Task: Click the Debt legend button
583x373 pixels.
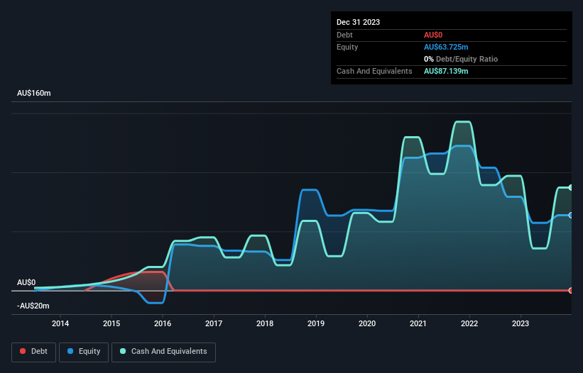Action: (x=33, y=352)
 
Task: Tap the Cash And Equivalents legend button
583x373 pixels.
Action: (x=163, y=352)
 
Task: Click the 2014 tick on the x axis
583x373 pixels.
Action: (x=60, y=324)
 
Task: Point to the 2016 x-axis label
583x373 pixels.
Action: (x=163, y=324)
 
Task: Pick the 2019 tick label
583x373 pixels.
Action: (x=316, y=324)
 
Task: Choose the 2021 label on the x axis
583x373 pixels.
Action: (x=418, y=324)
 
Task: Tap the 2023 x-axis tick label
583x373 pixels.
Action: (x=521, y=324)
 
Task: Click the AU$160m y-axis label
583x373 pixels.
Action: (x=39, y=94)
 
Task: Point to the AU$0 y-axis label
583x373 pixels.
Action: (x=26, y=282)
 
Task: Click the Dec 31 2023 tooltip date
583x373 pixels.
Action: (x=358, y=22)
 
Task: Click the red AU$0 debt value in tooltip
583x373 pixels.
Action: (x=433, y=35)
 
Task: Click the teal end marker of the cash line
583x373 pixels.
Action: (x=571, y=187)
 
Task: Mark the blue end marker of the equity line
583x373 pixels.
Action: (x=571, y=215)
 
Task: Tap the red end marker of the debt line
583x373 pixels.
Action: (x=571, y=290)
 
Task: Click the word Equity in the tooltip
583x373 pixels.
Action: (x=348, y=47)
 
